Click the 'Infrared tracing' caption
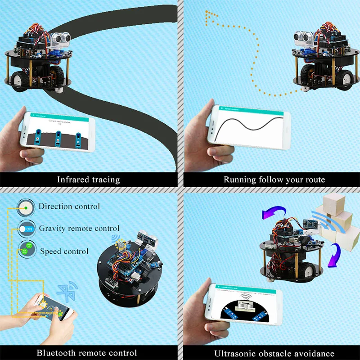88,180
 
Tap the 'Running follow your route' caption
274,180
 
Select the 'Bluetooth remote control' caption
87,353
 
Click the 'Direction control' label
69,207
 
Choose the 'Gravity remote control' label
79,229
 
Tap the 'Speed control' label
64,251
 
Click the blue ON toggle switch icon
27,229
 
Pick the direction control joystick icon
27,207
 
